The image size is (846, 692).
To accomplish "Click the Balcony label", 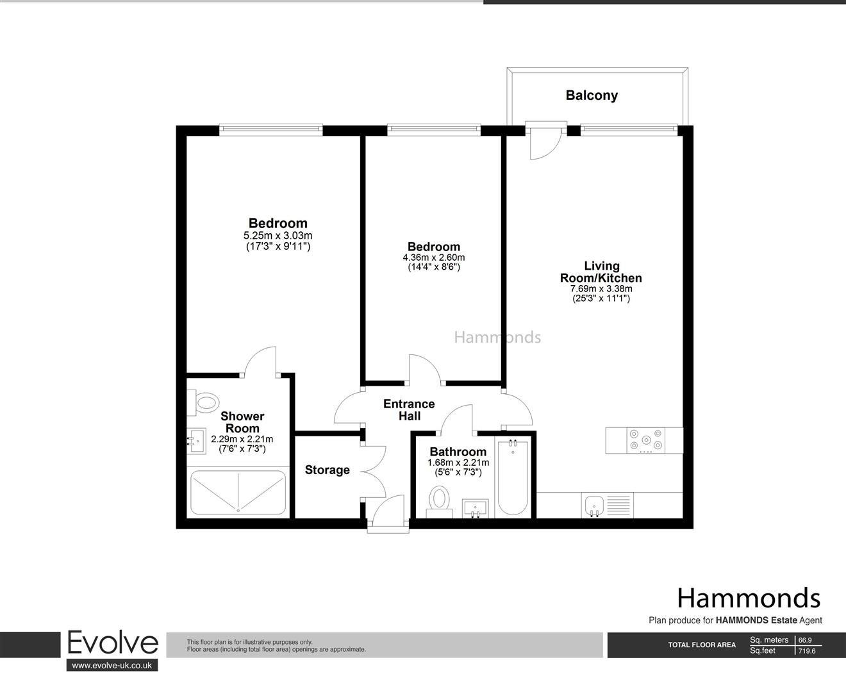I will [x=591, y=95].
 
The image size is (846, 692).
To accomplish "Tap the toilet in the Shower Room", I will [x=205, y=402].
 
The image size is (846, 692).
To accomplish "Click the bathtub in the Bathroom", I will [x=512, y=478].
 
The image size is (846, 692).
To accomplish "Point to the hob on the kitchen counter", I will [x=643, y=440].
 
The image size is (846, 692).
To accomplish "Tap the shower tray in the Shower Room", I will [x=238, y=492].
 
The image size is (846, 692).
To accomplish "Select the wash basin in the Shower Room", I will [x=196, y=440].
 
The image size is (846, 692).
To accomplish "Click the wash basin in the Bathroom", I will [x=475, y=508].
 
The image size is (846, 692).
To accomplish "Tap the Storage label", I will [x=327, y=470].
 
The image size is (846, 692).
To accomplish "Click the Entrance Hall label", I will [x=409, y=409].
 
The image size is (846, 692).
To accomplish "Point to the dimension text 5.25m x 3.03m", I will [x=278, y=235].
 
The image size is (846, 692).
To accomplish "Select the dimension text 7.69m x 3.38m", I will [x=601, y=288].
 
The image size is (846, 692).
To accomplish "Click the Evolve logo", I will [x=112, y=643].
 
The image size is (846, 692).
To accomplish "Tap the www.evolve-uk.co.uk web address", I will [x=112, y=666].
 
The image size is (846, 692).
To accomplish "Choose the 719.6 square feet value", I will [x=807, y=651].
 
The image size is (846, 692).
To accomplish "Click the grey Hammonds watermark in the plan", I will [x=497, y=337].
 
